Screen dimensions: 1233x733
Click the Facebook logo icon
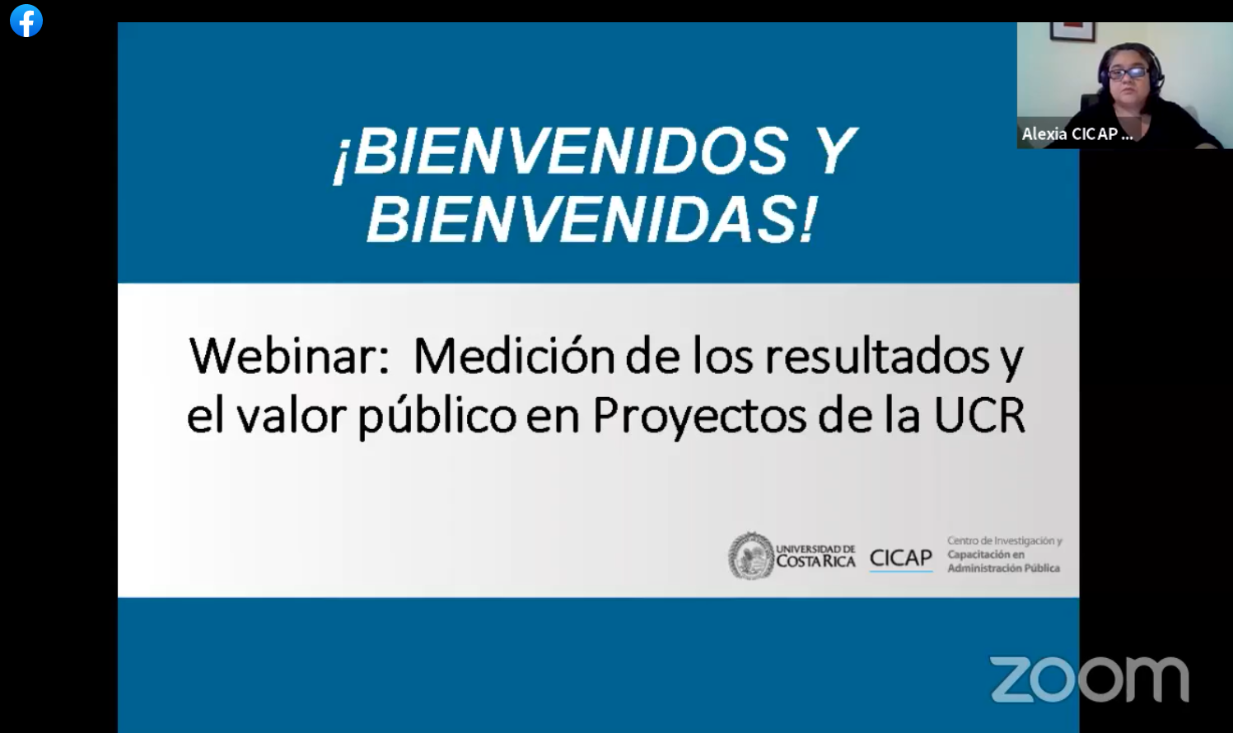[x=26, y=21]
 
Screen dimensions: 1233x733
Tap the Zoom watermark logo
[x=1090, y=679]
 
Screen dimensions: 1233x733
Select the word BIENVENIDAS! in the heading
[x=591, y=219]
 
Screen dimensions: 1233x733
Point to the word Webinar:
[x=290, y=356]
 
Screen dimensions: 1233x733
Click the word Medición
[x=514, y=356]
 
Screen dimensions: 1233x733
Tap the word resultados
[x=877, y=356]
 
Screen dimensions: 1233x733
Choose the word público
[x=437, y=416]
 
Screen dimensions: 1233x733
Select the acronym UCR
[x=979, y=415]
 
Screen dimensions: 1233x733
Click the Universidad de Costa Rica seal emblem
[x=751, y=555]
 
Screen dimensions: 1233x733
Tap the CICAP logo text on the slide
[x=901, y=558]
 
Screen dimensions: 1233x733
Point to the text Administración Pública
[x=1003, y=568]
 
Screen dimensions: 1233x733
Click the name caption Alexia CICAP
[x=1077, y=133]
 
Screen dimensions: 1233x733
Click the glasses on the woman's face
[x=1127, y=72]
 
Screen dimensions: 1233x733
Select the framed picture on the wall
[x=1072, y=31]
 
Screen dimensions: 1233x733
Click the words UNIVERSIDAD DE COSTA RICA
[x=815, y=556]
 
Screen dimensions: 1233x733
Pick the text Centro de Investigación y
[x=1005, y=541]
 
